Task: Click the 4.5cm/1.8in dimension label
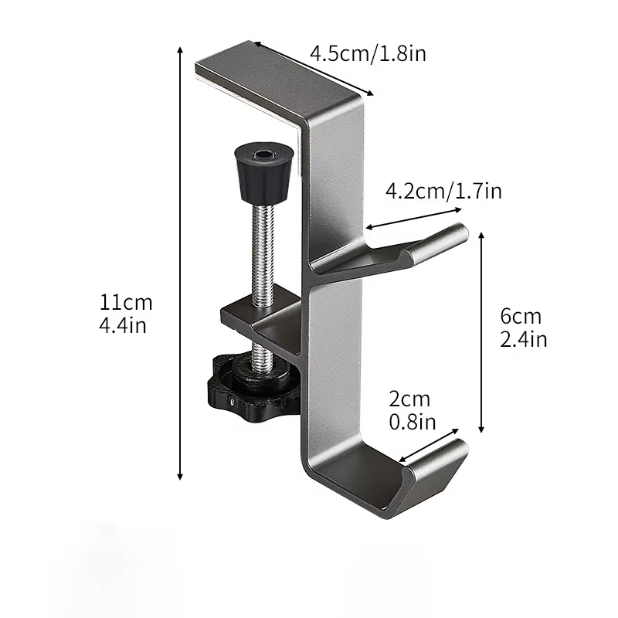[x=368, y=53]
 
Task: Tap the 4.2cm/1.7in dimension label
[x=443, y=191]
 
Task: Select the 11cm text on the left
[x=126, y=303]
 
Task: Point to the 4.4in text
[x=123, y=325]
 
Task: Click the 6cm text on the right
[x=521, y=316]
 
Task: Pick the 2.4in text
[x=524, y=339]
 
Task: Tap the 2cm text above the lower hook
[x=409, y=399]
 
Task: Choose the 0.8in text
[x=413, y=422]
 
